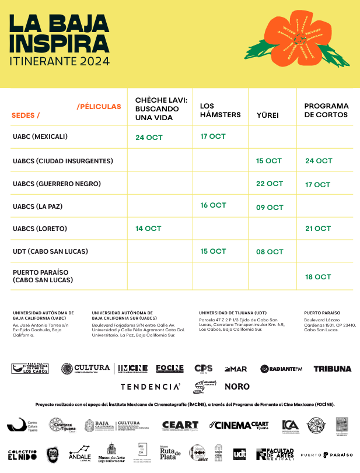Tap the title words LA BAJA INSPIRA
coord(60,33)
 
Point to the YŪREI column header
coord(268,115)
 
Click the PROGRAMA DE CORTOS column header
coord(326,110)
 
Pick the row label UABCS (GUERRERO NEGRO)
coord(57,184)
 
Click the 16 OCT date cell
coord(213,205)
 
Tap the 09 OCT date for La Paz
coord(270,207)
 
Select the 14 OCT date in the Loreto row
coord(149,229)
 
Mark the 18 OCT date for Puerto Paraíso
coord(318,277)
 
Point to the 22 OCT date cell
coord(270,184)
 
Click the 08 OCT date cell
coord(270,252)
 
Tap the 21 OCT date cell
coord(318,229)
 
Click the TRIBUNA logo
coord(332,369)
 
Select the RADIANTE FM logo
coord(281,369)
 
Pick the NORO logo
coord(237,386)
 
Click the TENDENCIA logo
coord(151,386)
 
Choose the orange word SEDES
coord(26,115)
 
